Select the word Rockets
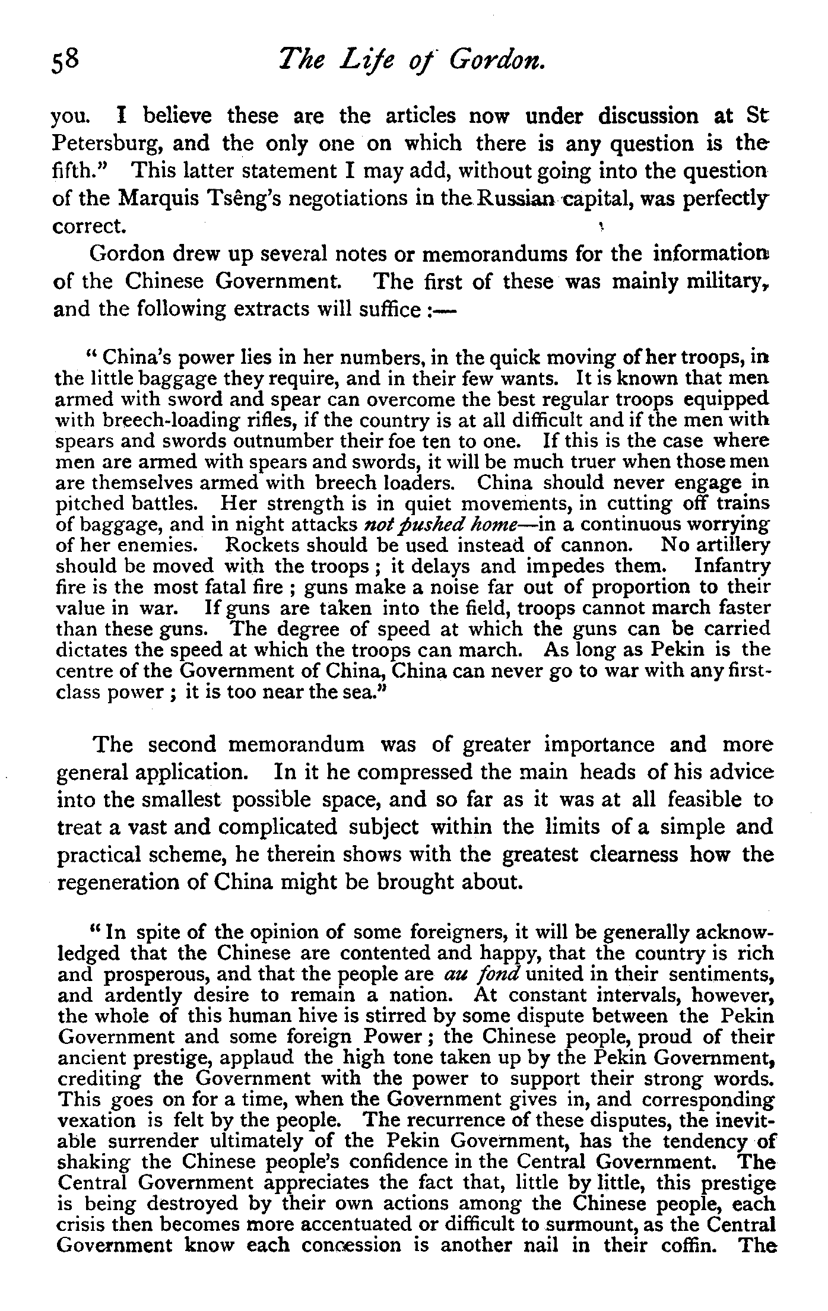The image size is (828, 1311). click(265, 545)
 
